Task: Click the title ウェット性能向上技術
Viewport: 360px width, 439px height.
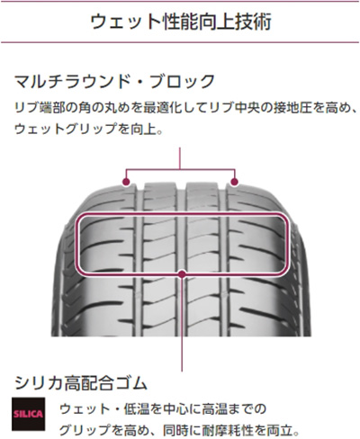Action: (x=181, y=22)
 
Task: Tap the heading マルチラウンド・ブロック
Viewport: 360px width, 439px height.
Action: (x=115, y=81)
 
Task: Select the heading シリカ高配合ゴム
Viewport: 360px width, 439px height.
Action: (x=81, y=383)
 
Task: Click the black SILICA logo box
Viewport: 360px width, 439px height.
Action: (x=29, y=414)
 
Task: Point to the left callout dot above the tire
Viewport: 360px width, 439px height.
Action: (x=126, y=182)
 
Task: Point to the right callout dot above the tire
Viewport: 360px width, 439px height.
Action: (x=235, y=182)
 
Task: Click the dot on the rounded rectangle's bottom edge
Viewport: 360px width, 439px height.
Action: (x=182, y=273)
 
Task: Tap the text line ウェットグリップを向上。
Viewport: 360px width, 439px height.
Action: (x=89, y=129)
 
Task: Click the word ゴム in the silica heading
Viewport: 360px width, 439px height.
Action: (x=131, y=383)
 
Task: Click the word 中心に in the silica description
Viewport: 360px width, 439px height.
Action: (x=182, y=409)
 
